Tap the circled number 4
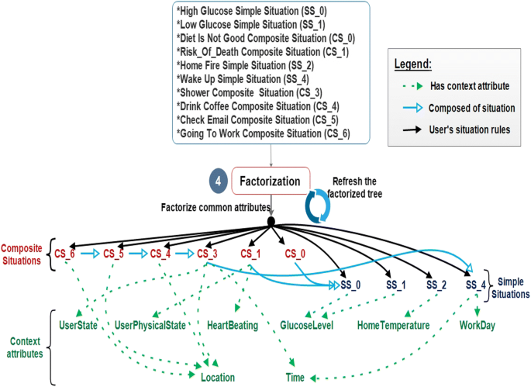(x=220, y=182)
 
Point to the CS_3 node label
(x=207, y=253)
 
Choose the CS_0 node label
(x=296, y=253)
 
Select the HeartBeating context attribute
(x=233, y=325)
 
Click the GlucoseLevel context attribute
(x=306, y=325)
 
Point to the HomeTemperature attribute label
(x=394, y=326)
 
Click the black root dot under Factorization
(x=271, y=222)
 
